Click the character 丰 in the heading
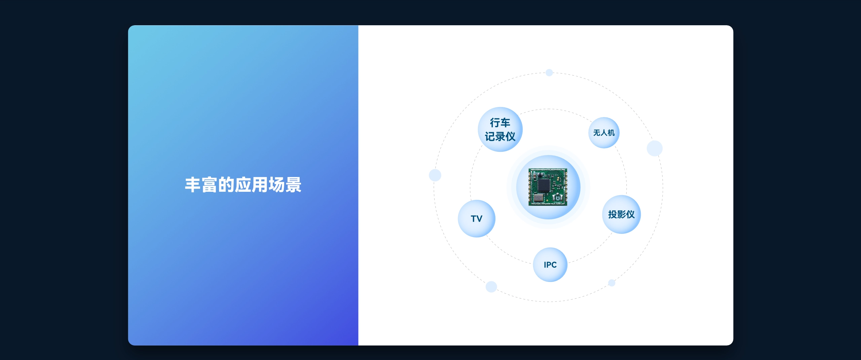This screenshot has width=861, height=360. (193, 185)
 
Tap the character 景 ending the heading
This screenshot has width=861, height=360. (293, 185)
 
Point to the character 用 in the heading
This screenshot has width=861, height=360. (260, 185)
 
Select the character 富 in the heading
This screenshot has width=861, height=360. (210, 185)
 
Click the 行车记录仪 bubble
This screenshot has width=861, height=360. (500, 130)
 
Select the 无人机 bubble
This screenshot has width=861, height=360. (604, 133)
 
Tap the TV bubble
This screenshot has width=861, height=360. (477, 219)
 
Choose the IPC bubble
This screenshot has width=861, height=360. (550, 265)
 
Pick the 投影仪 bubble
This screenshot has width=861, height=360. (622, 214)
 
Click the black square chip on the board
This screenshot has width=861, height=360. (544, 185)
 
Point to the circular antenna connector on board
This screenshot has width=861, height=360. (558, 198)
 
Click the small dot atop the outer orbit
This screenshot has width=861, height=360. (549, 72)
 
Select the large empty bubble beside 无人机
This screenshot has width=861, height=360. (654, 148)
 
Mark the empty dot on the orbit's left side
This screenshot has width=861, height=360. (435, 175)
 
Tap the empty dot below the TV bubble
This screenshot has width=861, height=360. (491, 287)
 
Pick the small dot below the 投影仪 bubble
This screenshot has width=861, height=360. (612, 283)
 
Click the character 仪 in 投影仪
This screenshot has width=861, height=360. (630, 214)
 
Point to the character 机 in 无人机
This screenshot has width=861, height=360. (611, 133)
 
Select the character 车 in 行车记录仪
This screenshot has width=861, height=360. (506, 123)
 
